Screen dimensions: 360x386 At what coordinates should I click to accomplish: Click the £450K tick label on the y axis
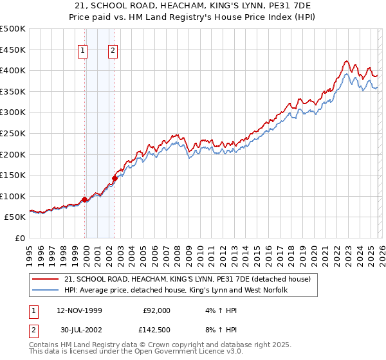pos(13,50)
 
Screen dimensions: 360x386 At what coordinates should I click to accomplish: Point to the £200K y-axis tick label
pos(13,154)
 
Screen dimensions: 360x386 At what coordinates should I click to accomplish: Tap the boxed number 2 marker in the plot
pos(113,52)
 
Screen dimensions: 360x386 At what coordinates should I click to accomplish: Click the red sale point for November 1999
pos(85,199)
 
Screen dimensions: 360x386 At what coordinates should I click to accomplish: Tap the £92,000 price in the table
pos(157,310)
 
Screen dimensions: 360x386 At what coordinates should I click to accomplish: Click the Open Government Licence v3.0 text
pos(181,352)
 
